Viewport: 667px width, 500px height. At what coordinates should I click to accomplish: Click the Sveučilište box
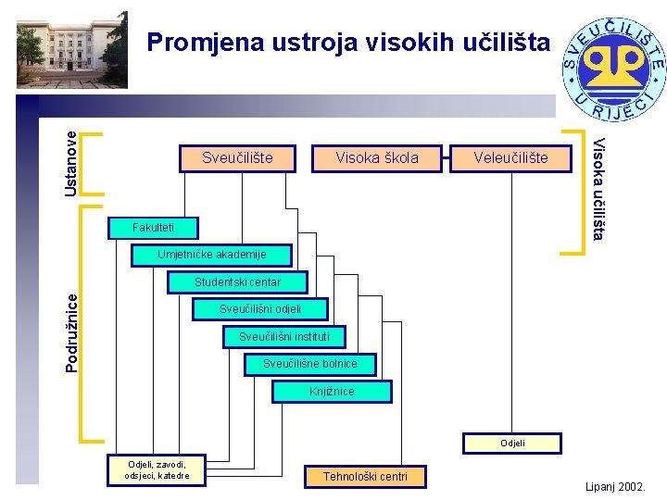pos(237,158)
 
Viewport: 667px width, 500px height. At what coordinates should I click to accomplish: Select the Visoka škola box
pos(377,158)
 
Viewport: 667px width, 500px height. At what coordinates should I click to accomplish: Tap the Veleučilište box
pos(510,158)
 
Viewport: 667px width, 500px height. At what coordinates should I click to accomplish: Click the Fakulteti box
pos(152,227)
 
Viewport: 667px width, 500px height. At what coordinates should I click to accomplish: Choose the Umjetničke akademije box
pos(212,254)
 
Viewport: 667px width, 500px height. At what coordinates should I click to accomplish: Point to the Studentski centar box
pos(237,281)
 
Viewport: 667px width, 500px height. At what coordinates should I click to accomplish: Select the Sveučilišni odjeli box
pos(260,308)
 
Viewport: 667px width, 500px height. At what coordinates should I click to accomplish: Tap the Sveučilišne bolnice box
pos(309,364)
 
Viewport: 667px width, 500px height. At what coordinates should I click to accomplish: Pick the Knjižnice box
pos(332,392)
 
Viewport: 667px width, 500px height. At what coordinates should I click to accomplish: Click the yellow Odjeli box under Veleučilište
pos(512,444)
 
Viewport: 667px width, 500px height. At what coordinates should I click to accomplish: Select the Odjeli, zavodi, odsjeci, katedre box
pos(157,470)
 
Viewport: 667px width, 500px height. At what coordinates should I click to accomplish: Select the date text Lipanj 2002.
pos(615,487)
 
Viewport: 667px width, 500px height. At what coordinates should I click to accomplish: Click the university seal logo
pos(613,69)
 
